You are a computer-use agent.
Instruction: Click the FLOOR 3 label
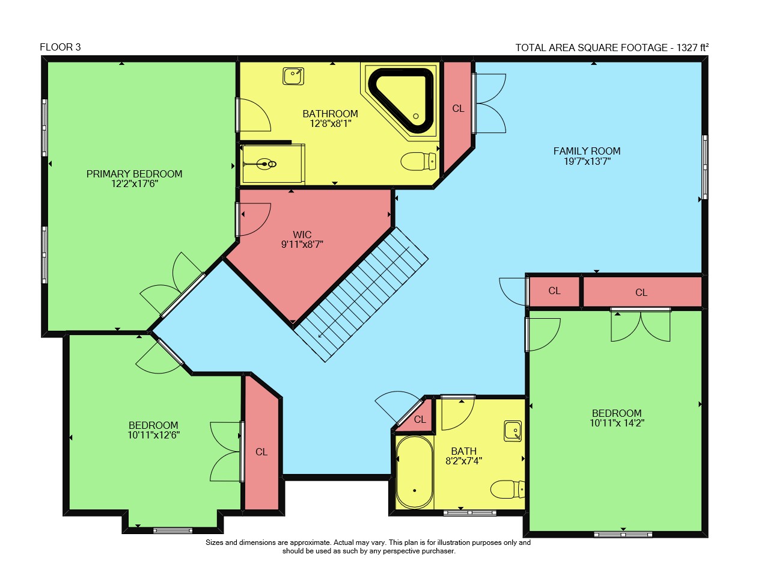60,48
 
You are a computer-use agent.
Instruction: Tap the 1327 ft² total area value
692,48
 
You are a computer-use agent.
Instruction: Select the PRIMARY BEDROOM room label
135,174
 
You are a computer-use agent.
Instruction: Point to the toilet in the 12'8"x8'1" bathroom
418,161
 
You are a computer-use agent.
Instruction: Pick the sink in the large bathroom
293,76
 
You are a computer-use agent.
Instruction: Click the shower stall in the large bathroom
273,163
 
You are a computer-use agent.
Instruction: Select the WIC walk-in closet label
302,235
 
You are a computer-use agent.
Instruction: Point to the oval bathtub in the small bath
415,472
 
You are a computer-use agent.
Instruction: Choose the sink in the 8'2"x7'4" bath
513,431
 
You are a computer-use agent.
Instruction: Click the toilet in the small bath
507,489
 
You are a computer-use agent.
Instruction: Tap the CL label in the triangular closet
420,420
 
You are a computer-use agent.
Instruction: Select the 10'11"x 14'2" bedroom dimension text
617,423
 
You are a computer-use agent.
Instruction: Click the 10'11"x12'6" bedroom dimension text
153,435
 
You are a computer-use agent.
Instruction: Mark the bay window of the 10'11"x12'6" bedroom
173,530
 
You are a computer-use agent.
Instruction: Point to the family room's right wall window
705,167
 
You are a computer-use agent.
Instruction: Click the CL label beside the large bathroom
458,109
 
